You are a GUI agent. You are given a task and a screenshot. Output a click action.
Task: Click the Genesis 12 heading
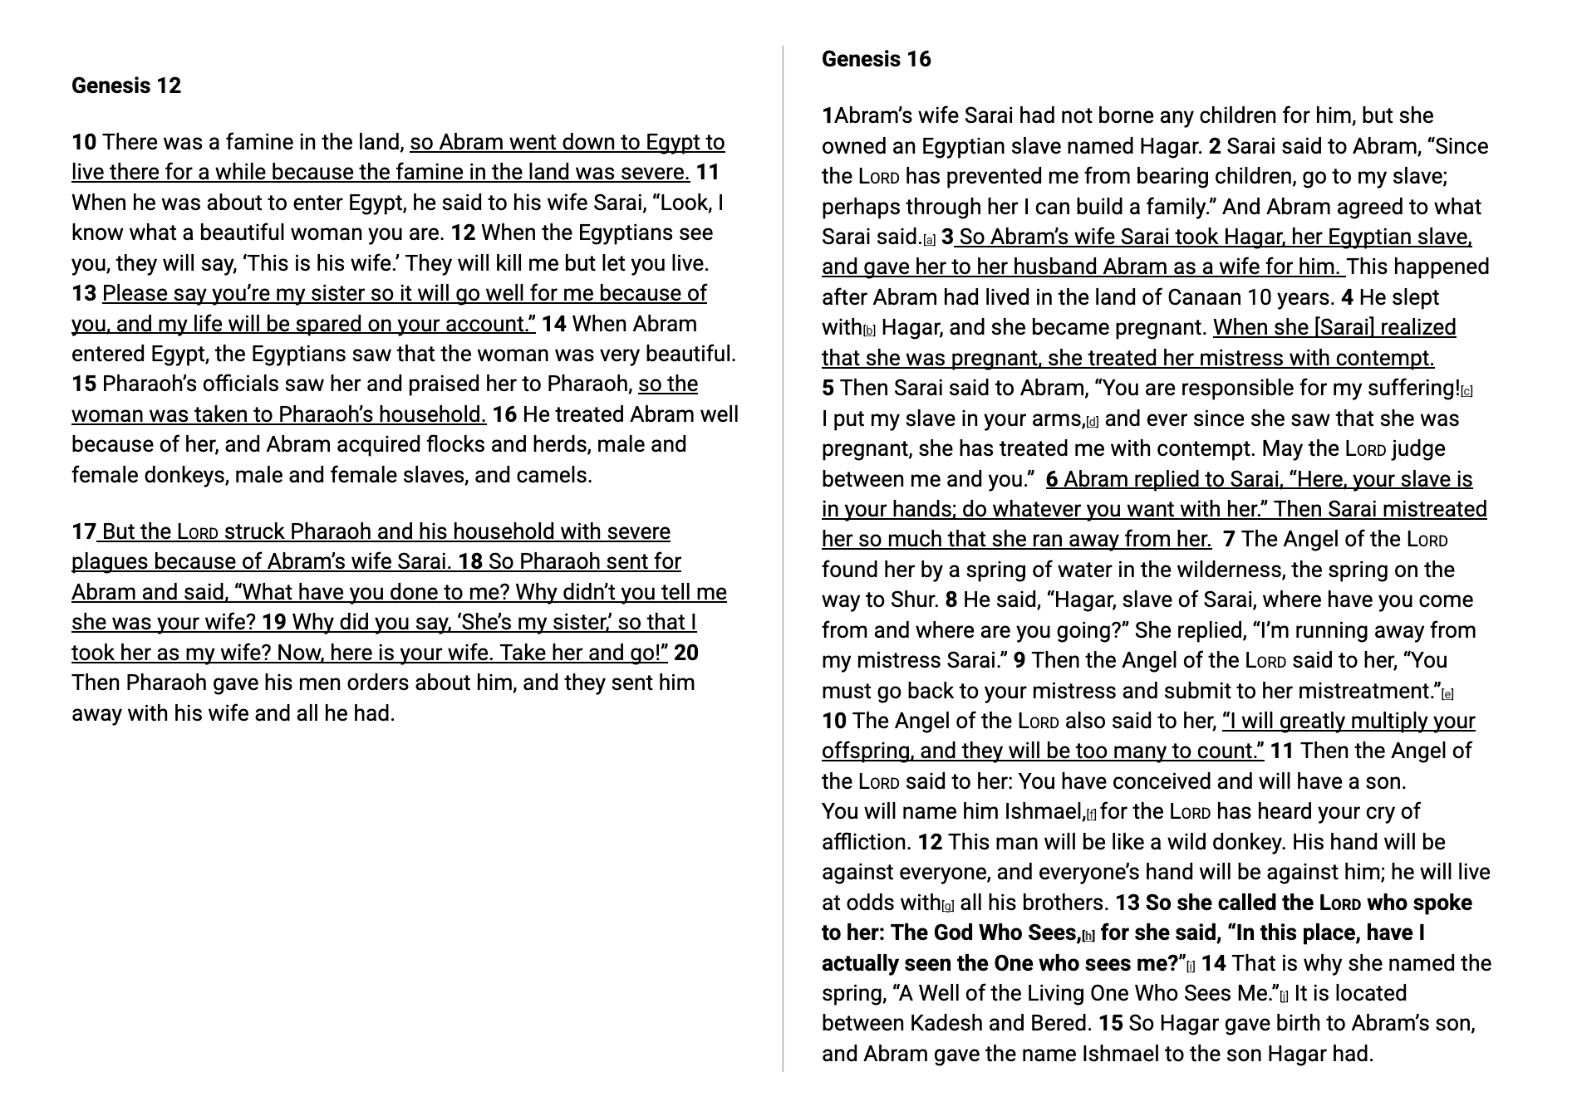coord(126,86)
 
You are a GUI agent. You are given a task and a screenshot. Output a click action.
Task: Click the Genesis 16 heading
coord(876,59)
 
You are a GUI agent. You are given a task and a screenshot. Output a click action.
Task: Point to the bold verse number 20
coord(685,653)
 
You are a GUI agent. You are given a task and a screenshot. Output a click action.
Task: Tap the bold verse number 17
coord(84,531)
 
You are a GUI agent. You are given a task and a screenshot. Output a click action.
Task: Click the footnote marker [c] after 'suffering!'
coord(1466,391)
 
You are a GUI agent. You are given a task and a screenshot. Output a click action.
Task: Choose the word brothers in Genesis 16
coord(1071,903)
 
